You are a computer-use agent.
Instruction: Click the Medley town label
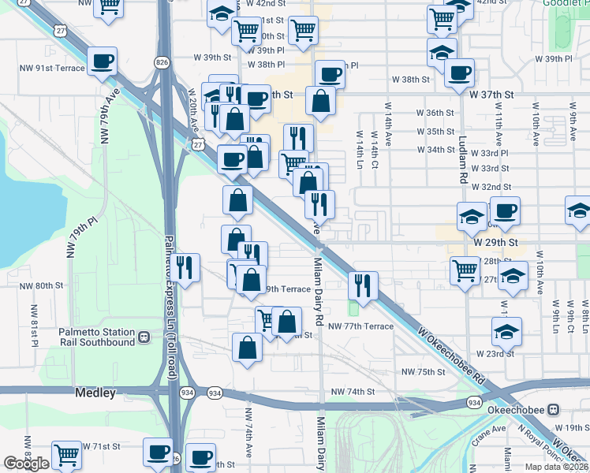click(x=95, y=392)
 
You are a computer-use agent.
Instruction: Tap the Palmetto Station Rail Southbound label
click(x=97, y=337)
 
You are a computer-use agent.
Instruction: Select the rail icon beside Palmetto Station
click(x=144, y=337)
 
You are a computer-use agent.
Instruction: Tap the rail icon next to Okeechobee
click(x=554, y=410)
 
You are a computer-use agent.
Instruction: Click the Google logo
click(x=26, y=463)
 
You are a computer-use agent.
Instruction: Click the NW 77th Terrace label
click(x=360, y=326)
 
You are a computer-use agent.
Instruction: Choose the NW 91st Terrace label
click(x=51, y=68)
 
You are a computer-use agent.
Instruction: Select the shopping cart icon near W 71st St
click(x=66, y=456)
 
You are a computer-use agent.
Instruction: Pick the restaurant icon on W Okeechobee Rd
click(x=363, y=285)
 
